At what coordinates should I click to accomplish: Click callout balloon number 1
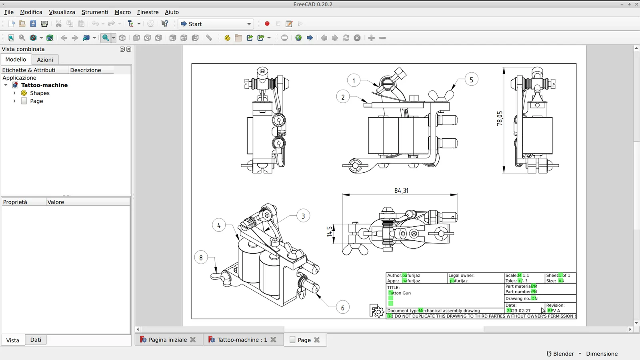(x=354, y=81)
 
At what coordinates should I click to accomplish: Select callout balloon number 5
(x=471, y=80)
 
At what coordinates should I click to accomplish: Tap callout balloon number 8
(x=201, y=258)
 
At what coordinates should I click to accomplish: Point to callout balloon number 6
(x=342, y=308)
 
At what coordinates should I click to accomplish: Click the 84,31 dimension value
(x=401, y=191)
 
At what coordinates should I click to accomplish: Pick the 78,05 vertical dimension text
(x=500, y=118)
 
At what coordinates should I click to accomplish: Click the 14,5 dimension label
(x=330, y=232)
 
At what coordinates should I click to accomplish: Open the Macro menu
(x=122, y=12)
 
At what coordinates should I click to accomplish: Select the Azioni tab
(x=45, y=60)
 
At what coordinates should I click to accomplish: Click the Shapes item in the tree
(x=40, y=93)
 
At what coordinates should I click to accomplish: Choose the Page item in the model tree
(x=36, y=101)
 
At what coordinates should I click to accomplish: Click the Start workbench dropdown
(x=216, y=24)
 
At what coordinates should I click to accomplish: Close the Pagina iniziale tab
(x=193, y=340)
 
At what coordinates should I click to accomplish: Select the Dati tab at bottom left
(x=36, y=340)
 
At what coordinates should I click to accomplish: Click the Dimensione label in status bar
(x=602, y=354)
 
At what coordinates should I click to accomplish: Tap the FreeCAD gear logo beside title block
(x=376, y=311)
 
